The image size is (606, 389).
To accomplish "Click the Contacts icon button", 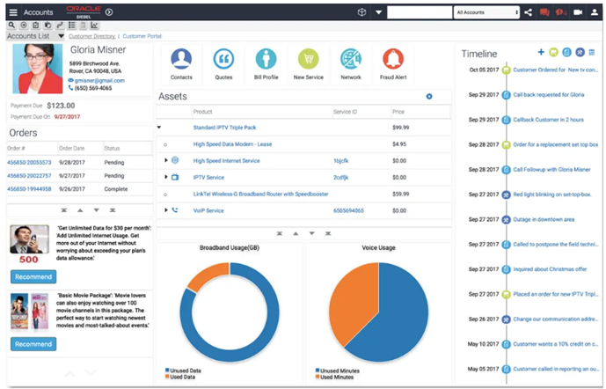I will pyautogui.click(x=181, y=62).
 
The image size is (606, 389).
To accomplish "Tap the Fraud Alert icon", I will pyautogui.click(x=393, y=62).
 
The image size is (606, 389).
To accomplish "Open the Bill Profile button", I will pyautogui.click(x=266, y=62).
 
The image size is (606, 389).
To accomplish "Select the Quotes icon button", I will pyautogui.click(x=223, y=62).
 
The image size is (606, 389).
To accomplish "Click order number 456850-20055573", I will pyautogui.click(x=29, y=163).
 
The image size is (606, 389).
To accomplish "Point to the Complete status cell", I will pyautogui.click(x=116, y=189).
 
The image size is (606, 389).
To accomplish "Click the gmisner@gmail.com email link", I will pyautogui.click(x=99, y=80).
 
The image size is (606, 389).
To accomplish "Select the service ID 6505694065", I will pyautogui.click(x=350, y=210).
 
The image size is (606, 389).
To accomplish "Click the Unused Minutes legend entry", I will pyautogui.click(x=340, y=371).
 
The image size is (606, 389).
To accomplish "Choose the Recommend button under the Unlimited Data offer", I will pyautogui.click(x=33, y=276).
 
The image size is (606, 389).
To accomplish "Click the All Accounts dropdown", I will pyautogui.click(x=486, y=12).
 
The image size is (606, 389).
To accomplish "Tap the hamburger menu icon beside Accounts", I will pyautogui.click(x=11, y=12).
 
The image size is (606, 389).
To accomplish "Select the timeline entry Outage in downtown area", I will pyautogui.click(x=544, y=219).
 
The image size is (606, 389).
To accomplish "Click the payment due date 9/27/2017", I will pyautogui.click(x=66, y=116).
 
